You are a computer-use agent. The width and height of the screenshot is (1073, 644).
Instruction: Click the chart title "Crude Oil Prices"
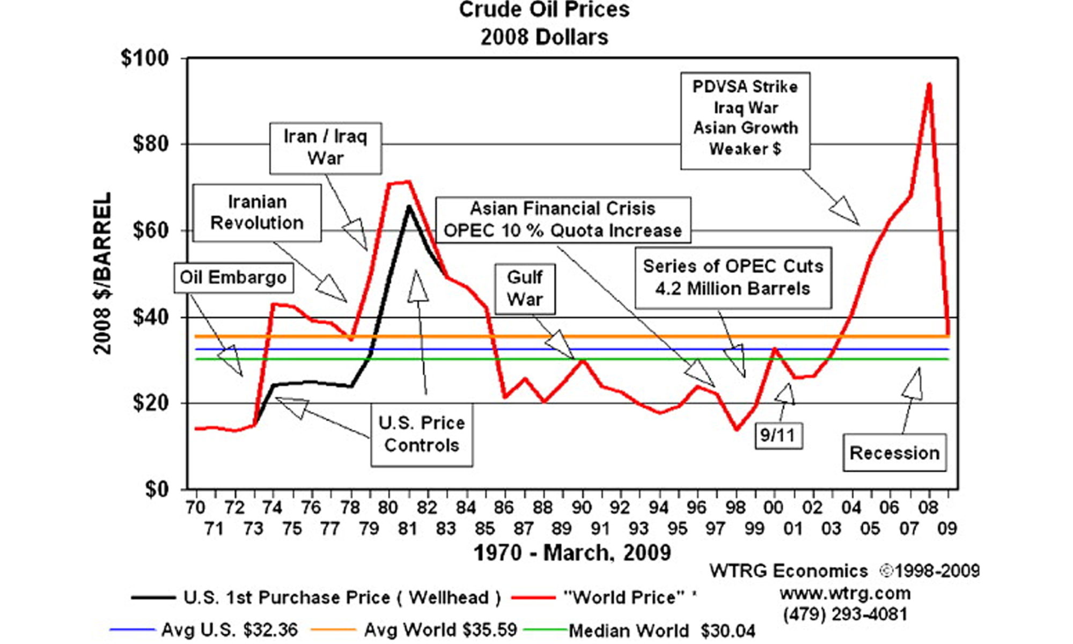(544, 10)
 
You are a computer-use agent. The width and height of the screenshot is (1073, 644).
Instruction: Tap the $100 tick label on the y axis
(145, 58)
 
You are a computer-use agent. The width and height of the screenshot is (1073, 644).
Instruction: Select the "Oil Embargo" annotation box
(233, 277)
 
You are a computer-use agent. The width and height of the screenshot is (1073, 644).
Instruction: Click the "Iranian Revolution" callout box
(257, 213)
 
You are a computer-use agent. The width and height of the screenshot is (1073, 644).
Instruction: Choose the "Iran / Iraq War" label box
(326, 148)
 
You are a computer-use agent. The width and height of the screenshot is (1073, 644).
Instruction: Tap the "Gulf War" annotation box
(525, 288)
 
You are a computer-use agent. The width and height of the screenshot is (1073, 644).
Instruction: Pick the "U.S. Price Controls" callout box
(422, 434)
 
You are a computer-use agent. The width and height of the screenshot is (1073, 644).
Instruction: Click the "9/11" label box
(778, 435)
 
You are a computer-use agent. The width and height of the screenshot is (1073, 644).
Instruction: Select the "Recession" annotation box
(894, 453)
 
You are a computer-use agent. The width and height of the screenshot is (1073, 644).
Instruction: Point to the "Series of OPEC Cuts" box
(733, 277)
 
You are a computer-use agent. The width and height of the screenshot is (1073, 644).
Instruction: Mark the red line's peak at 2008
(929, 84)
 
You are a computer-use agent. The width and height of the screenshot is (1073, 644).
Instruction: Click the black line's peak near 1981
(409, 207)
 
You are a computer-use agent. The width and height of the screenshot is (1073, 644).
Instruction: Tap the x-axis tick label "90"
(582, 507)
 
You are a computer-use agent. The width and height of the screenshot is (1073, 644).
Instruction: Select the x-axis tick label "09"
(947, 529)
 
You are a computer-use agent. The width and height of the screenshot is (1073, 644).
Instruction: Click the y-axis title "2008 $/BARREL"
(103, 274)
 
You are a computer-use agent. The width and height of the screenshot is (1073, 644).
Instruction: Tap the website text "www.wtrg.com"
(845, 594)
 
